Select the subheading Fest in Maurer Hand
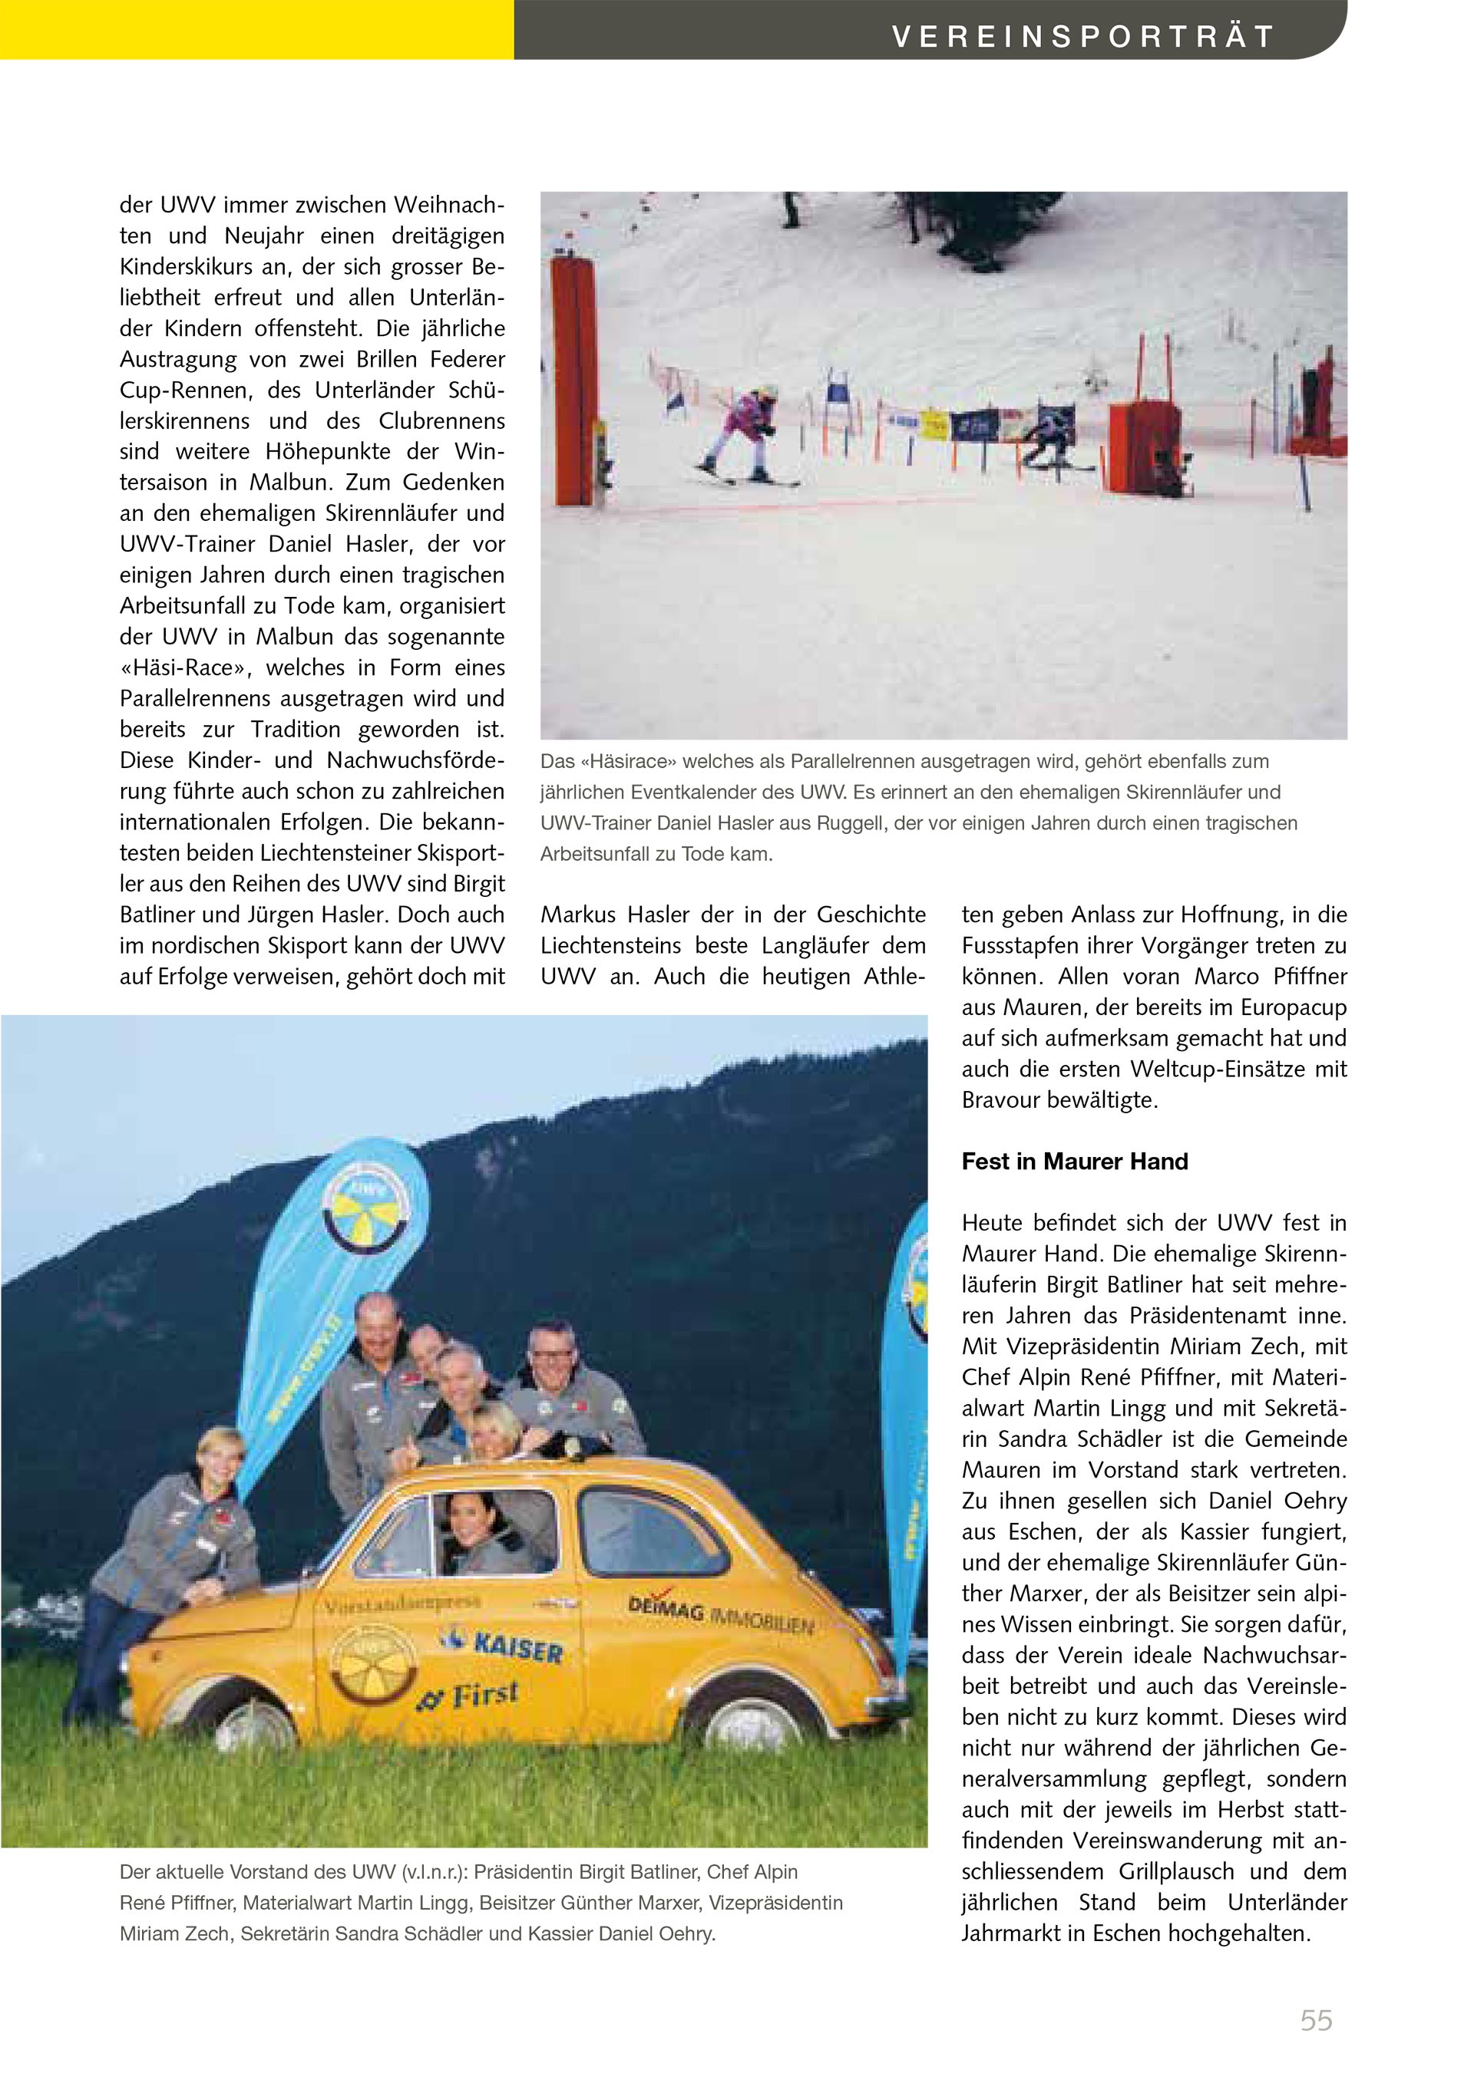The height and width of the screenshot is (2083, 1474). coord(1075,1162)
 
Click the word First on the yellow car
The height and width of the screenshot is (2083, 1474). coord(484,1695)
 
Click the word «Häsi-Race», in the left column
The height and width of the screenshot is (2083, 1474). coord(185,667)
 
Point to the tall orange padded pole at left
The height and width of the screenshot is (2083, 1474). coord(573,381)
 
